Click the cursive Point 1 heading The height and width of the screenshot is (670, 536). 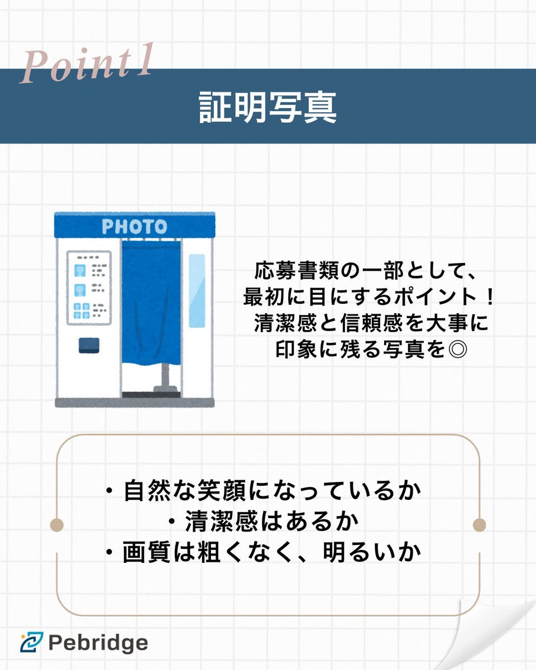87,63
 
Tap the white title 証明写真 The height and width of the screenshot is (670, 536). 268,107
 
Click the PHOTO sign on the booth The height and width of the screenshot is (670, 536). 135,226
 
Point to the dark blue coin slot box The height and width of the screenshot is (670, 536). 89,345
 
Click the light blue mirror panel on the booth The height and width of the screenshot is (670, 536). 197,291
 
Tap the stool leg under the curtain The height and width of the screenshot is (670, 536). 166,377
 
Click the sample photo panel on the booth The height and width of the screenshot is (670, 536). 89,288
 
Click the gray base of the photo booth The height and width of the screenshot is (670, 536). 135,402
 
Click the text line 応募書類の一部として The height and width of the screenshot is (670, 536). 365,271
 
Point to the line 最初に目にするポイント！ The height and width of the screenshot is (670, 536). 368,297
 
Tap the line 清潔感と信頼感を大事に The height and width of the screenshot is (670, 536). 371,323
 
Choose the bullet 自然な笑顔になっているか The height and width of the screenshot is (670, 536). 264,491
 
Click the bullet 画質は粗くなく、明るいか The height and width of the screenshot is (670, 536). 264,552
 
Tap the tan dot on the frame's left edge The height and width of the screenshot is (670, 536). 57,525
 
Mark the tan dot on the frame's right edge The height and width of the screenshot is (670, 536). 479,525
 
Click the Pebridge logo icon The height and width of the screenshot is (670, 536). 32,642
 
